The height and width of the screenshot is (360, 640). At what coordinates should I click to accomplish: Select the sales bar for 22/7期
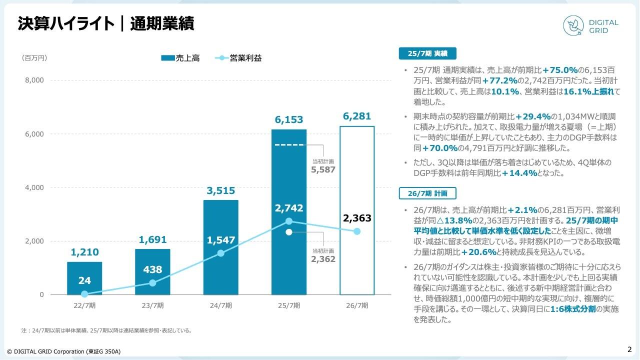click(84, 278)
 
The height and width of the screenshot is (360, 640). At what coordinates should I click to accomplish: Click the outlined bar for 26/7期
click(356, 210)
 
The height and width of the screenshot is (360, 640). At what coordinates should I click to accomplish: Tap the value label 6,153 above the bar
click(289, 120)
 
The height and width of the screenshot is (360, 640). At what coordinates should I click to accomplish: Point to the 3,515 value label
click(221, 191)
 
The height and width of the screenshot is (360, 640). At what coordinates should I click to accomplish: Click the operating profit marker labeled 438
click(152, 283)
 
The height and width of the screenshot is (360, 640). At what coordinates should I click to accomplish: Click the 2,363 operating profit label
click(357, 218)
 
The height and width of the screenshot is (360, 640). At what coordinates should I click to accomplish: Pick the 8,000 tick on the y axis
click(34, 80)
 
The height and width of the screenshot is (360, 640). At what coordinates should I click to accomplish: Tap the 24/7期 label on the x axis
click(221, 305)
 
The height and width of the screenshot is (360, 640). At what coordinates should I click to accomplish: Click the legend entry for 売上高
click(180, 58)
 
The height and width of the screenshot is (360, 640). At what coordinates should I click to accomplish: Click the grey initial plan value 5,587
click(323, 169)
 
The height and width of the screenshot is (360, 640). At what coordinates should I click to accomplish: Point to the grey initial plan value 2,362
click(323, 259)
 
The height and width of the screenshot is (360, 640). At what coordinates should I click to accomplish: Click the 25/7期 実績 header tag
click(427, 53)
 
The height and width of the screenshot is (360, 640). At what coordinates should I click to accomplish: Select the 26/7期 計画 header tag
click(427, 193)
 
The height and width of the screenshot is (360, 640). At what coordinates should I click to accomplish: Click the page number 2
click(629, 349)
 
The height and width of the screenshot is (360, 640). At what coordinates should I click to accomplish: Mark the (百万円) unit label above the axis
click(34, 58)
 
